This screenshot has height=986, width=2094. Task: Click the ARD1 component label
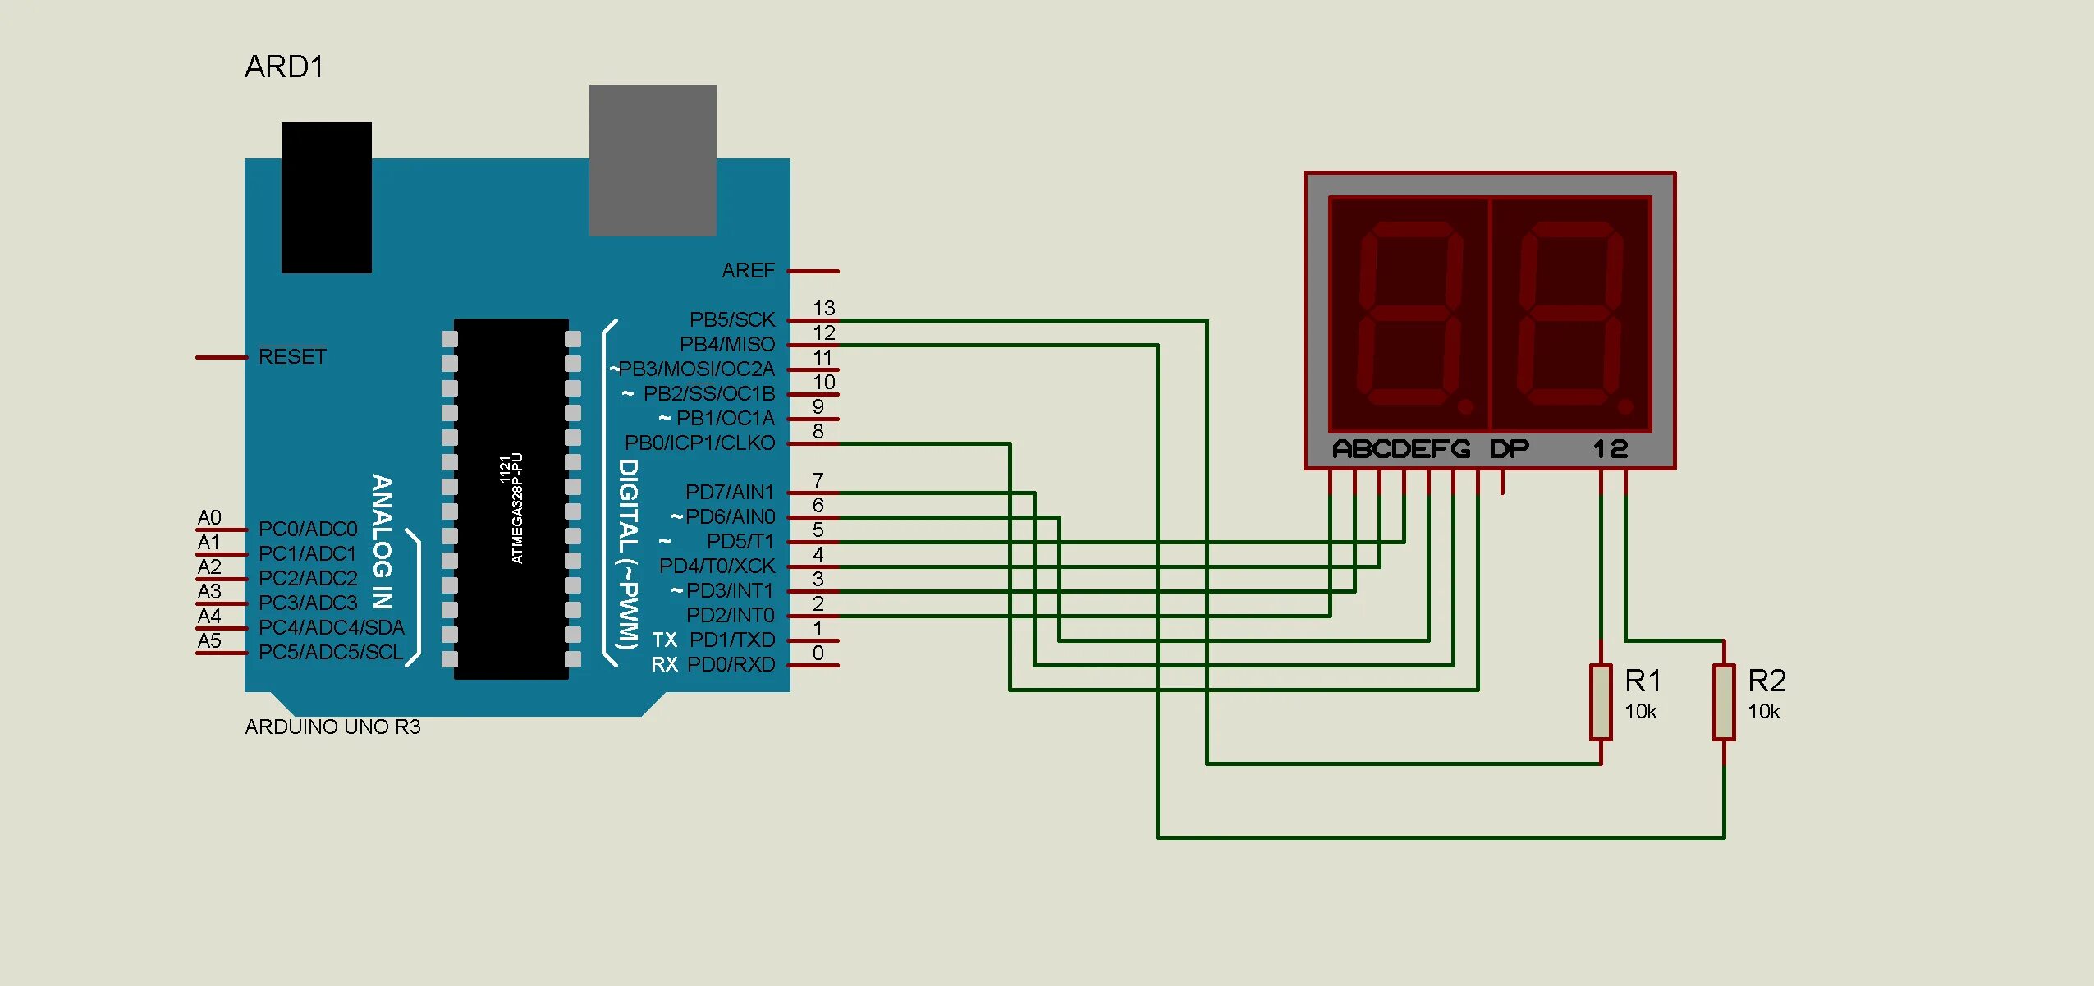[284, 66]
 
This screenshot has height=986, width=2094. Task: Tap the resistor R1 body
[1600, 702]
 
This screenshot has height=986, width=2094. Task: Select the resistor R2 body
[1723, 702]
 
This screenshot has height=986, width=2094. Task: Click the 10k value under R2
[1763, 712]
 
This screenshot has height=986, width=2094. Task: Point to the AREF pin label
[748, 270]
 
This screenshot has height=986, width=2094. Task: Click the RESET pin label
[292, 356]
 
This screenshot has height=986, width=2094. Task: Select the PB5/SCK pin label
[731, 319]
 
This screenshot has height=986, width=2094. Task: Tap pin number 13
[823, 308]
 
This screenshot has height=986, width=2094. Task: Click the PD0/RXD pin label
[731, 664]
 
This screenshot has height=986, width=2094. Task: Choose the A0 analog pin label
[209, 517]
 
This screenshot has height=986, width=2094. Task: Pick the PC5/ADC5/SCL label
[331, 652]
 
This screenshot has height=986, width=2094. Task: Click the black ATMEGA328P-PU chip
[511, 498]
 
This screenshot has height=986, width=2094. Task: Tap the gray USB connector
[653, 160]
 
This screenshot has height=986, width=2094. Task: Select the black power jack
[326, 197]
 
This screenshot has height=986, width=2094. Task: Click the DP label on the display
[1509, 449]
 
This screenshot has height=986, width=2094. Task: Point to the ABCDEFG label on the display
[1400, 449]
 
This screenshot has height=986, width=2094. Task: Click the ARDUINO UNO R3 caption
[332, 727]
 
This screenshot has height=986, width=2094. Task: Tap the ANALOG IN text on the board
[382, 541]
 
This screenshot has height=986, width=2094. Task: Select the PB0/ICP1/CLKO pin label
[699, 443]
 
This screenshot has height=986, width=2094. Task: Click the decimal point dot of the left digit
[1465, 406]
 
